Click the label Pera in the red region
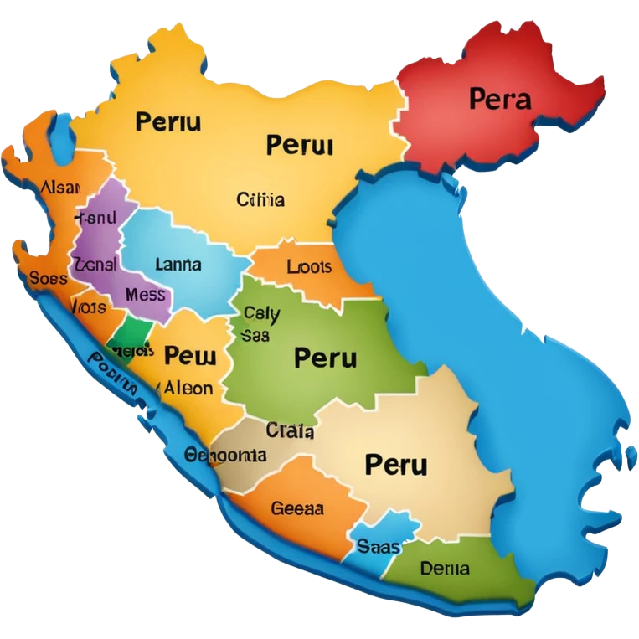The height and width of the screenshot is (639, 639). point(500,100)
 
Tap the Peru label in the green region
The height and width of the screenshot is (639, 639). point(325,358)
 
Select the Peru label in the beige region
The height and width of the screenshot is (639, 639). point(396,464)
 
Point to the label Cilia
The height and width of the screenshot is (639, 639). point(260,200)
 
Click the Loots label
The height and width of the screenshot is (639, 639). point(309,268)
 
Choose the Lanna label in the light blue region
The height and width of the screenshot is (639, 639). point(178,265)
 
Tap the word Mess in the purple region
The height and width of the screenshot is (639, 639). point(145,295)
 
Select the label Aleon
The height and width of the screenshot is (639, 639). point(188,389)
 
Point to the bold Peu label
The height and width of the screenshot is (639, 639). point(190,356)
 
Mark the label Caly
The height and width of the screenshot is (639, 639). point(261,314)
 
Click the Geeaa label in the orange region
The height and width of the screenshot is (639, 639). point(297,508)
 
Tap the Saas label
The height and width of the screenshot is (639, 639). point(379,547)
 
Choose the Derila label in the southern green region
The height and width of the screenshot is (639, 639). point(445,569)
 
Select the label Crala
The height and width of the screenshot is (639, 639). point(290,431)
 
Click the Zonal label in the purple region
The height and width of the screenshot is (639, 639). point(95,264)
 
